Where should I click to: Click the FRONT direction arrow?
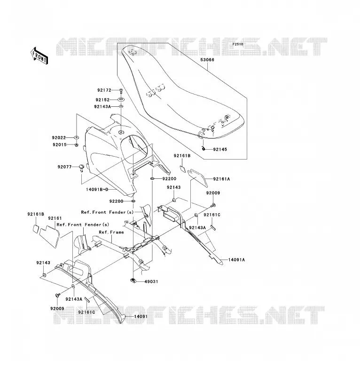click(39, 56)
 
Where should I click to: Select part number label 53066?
click(207, 60)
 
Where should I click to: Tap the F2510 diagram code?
click(238, 44)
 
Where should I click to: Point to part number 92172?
click(104, 90)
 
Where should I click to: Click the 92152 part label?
click(102, 100)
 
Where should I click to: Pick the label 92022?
click(59, 138)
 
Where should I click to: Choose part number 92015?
click(60, 145)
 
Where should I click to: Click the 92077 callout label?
click(64, 167)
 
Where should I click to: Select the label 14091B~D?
click(97, 189)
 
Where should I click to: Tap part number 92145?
click(220, 150)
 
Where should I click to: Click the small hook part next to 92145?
click(204, 148)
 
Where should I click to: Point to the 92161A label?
click(221, 179)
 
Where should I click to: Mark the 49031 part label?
click(151, 281)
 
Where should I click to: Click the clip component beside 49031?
click(133, 280)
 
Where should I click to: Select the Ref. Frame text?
click(111, 232)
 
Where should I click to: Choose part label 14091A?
click(236, 260)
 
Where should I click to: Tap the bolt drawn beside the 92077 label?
click(81, 168)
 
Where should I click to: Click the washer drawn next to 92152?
click(121, 99)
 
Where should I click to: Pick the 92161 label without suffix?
click(55, 218)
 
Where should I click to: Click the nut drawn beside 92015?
click(77, 145)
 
